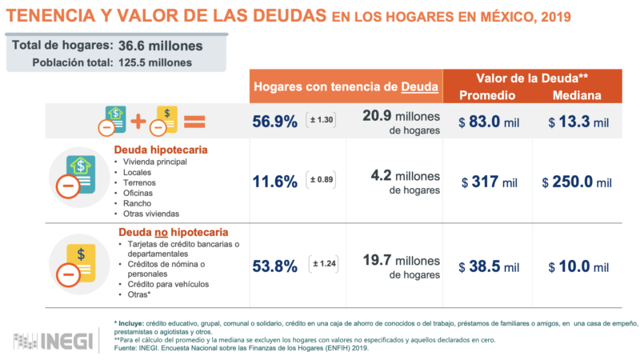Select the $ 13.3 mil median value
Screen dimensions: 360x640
click(578, 122)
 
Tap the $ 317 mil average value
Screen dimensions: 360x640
click(490, 182)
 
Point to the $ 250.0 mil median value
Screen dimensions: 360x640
click(577, 182)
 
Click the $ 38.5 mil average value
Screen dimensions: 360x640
click(490, 266)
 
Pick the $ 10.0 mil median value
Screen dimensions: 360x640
click(578, 266)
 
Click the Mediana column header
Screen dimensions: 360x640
click(577, 96)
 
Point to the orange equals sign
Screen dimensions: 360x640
click(194, 122)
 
